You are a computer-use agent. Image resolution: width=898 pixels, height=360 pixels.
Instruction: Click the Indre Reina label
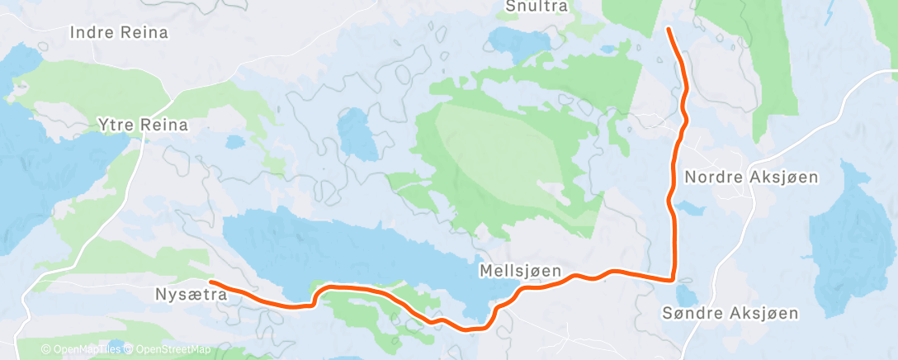pos(120,33)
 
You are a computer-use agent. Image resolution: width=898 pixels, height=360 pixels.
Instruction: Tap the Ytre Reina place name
pos(143,126)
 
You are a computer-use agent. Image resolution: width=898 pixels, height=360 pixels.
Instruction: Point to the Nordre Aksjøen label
pos(751,177)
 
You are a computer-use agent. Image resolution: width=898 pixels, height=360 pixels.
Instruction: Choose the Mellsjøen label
pos(520,270)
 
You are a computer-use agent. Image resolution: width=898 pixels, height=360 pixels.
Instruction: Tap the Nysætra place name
pos(191,293)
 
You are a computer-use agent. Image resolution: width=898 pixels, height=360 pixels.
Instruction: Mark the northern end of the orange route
pos(667,30)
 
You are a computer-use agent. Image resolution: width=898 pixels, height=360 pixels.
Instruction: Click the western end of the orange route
pos(211,282)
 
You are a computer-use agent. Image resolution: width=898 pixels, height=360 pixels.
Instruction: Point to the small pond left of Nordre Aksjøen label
pos(684,205)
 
